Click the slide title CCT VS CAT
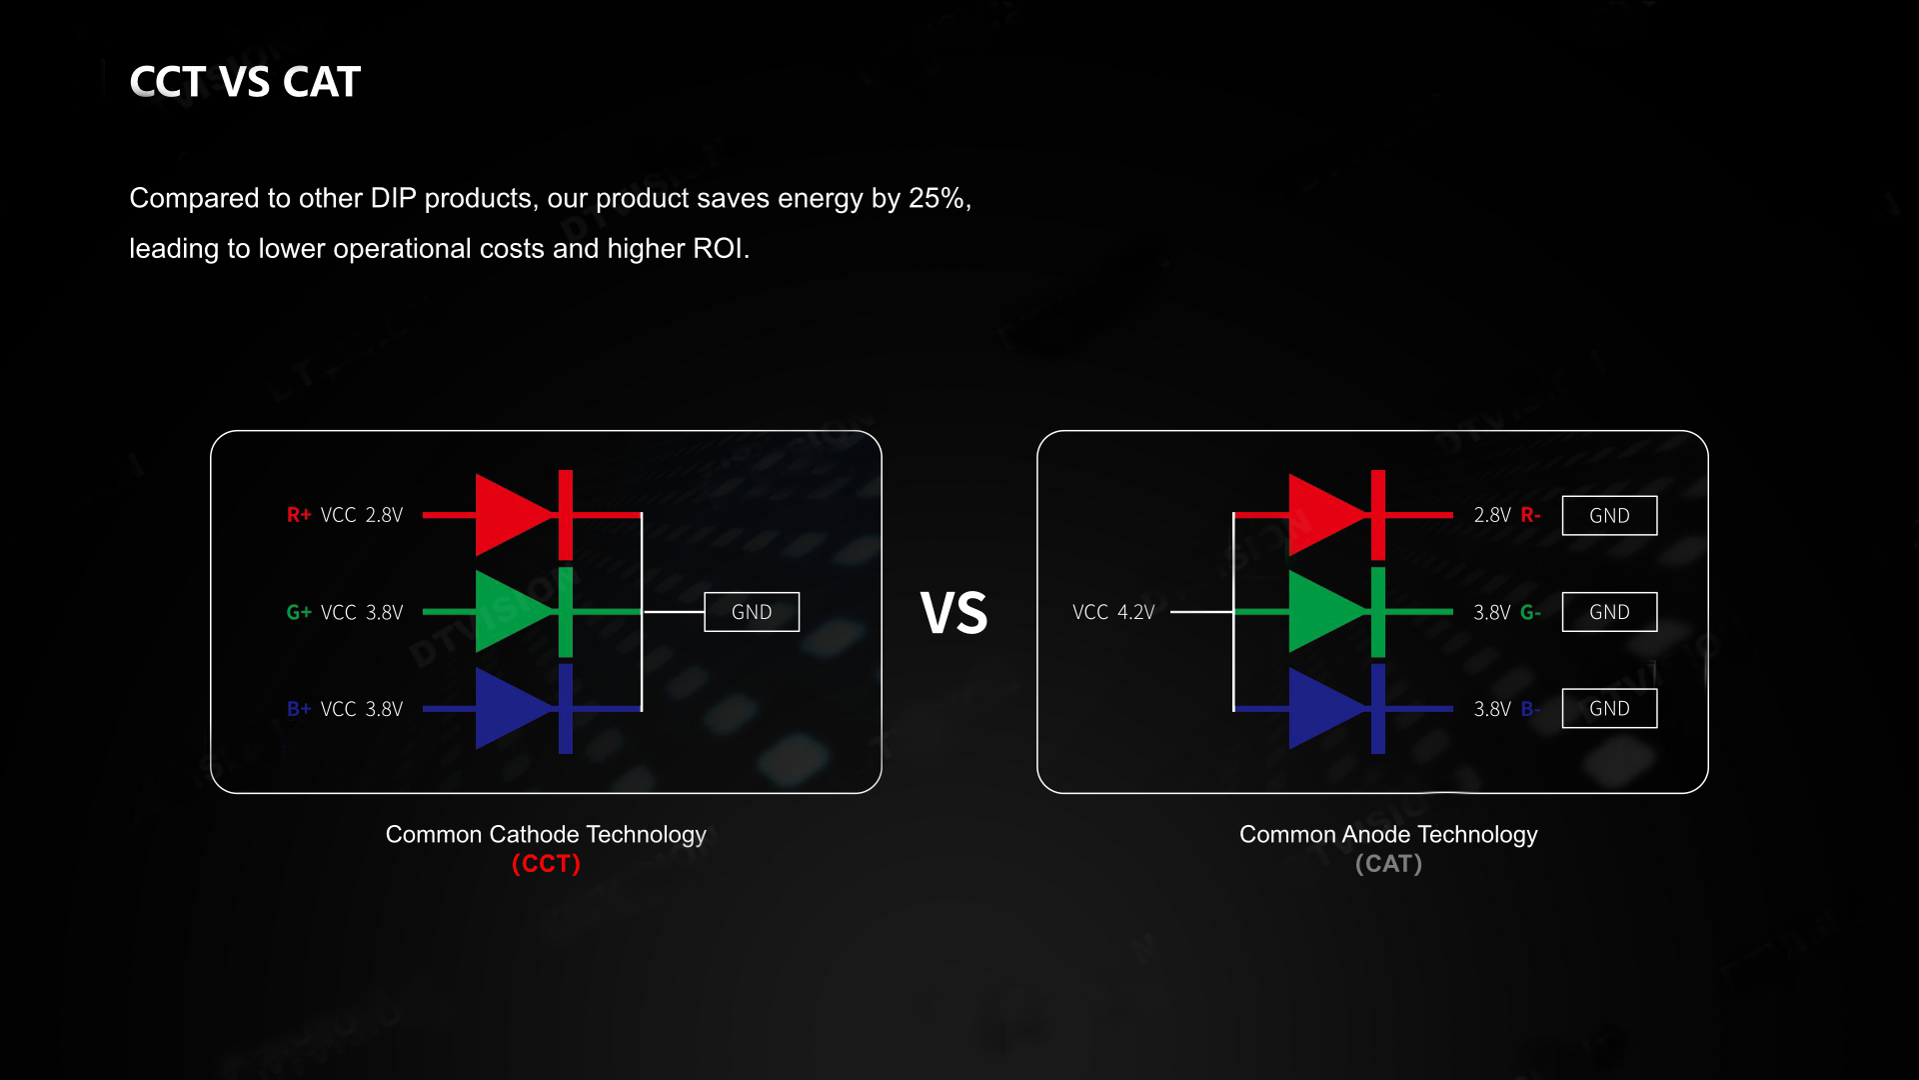coord(245,82)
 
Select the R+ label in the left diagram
coord(299,515)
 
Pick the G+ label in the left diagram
coord(299,612)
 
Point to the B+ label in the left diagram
coord(299,709)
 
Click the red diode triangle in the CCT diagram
coord(512,515)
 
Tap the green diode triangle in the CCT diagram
coord(512,611)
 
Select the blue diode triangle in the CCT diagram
coord(512,708)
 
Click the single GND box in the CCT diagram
coord(752,612)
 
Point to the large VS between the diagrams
coord(954,612)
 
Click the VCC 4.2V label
coord(1113,612)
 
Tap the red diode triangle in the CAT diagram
coord(1325,515)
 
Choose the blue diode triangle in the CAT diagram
coord(1325,708)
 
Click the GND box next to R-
coord(1609,515)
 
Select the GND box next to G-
coord(1609,612)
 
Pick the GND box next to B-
coord(1609,708)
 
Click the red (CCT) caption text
coord(546,864)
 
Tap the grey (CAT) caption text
coord(1388,864)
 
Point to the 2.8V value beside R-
coord(1492,515)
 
